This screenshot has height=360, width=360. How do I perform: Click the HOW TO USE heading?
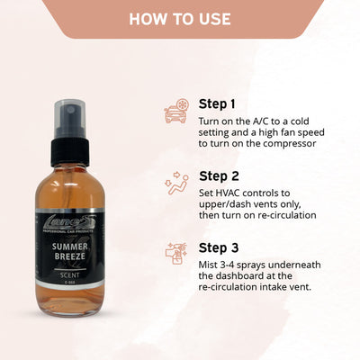[x=179, y=19]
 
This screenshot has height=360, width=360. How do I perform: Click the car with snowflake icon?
[x=175, y=112]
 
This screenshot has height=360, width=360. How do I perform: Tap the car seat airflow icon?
[x=175, y=185]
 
